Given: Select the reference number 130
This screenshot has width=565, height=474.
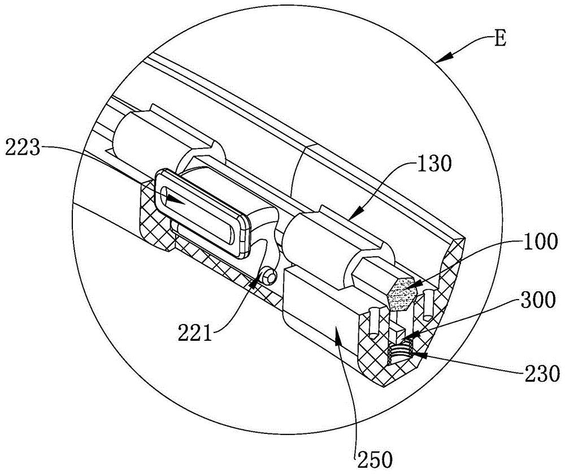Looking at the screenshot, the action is click(434, 164).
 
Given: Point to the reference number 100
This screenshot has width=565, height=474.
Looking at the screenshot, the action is click(540, 241).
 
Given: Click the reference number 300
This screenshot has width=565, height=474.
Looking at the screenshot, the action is click(537, 300).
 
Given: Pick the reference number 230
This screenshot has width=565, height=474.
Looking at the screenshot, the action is click(542, 373).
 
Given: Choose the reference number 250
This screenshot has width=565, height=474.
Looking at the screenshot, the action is click(375, 459).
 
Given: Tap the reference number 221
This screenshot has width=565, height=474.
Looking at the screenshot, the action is click(195, 333).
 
